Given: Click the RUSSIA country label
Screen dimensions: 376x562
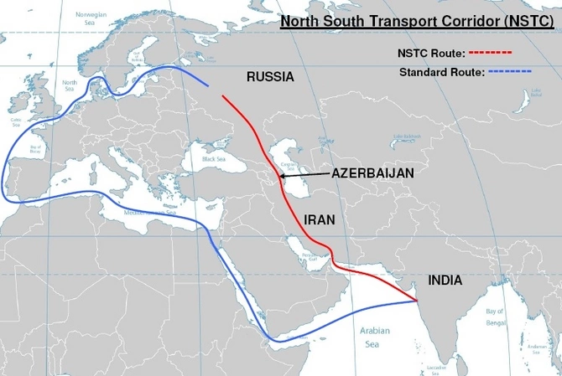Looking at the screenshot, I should (x=270, y=76).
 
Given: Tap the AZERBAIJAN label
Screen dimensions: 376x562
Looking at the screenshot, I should (x=373, y=173).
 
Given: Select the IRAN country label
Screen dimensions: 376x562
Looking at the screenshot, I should (x=318, y=220).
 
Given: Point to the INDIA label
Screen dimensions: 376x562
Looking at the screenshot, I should (x=444, y=281).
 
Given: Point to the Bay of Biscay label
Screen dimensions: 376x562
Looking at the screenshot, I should (x=35, y=149).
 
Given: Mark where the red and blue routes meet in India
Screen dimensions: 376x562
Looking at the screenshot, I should (x=418, y=299).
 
